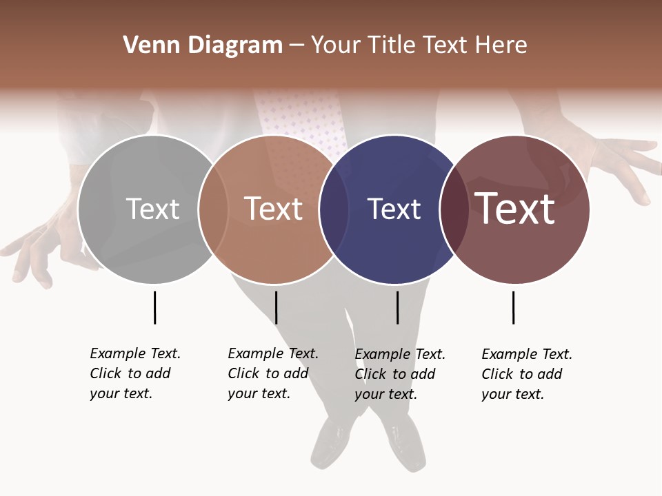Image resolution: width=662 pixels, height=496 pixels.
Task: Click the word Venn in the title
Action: [x=147, y=45]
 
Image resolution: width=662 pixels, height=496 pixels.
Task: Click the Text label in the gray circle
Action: [x=152, y=209]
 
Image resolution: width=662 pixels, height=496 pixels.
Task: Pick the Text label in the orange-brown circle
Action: [x=273, y=209]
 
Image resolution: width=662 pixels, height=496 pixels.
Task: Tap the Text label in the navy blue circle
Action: [x=394, y=209]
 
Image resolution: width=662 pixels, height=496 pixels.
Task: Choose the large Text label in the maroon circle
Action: [x=514, y=208]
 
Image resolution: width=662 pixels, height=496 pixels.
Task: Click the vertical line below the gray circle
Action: [x=154, y=307]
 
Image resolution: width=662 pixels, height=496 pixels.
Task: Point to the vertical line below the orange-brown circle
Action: [x=276, y=307]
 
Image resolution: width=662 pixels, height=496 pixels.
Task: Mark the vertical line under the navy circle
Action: [x=397, y=307]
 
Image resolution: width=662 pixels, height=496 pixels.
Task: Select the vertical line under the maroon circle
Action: [x=513, y=307]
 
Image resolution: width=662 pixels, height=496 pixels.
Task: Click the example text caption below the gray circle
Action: [x=134, y=373]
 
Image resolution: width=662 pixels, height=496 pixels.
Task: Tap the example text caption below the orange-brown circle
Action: [x=272, y=373]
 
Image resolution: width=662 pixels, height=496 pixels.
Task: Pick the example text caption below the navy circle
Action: [x=399, y=374]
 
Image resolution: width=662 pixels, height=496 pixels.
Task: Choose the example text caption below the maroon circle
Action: [x=526, y=374]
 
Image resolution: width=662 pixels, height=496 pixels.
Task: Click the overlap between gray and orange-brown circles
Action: [x=213, y=209]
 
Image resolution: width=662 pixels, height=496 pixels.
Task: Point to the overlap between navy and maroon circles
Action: [x=454, y=209]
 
